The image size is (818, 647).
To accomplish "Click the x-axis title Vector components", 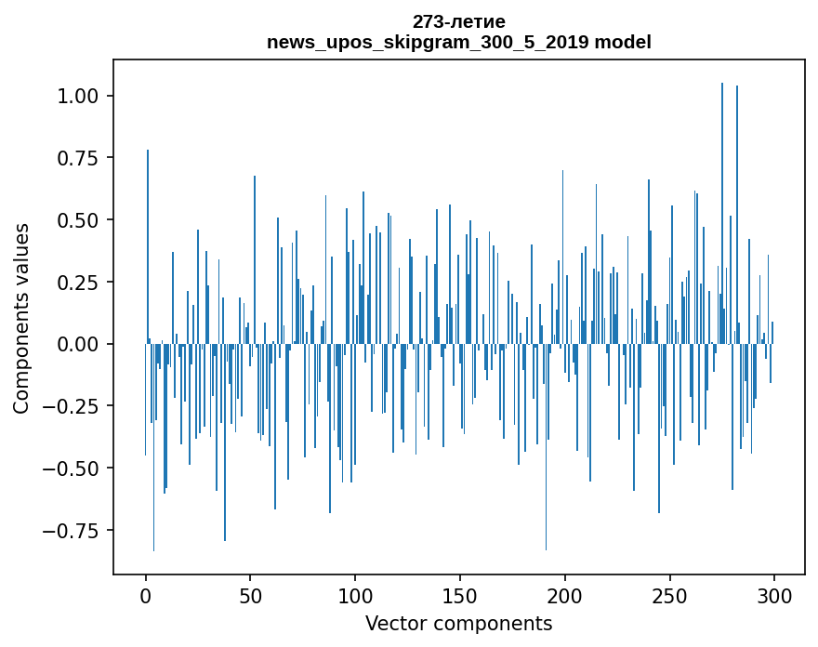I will coord(459,624).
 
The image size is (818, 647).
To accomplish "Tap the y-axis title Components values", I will coord(21,318).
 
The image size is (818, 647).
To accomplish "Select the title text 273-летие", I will coord(459,21).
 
